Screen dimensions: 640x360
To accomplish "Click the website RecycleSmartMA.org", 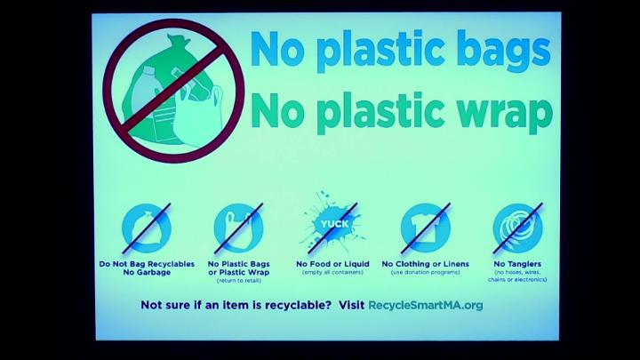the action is (x=425, y=305).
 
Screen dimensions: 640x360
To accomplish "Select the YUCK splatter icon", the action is (x=333, y=223).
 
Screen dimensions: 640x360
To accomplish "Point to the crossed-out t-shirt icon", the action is (x=425, y=228).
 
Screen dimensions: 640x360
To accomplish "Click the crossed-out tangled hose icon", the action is (x=517, y=228).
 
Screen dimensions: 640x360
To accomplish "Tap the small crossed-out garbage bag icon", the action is (x=147, y=228).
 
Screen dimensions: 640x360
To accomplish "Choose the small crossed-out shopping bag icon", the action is (x=239, y=228).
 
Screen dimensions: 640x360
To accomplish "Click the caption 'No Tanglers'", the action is (x=517, y=264).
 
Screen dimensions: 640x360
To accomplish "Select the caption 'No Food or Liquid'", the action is (x=332, y=264).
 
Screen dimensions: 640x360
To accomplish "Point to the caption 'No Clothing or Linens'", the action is (x=425, y=264).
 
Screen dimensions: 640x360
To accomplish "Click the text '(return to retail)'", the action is (x=239, y=280).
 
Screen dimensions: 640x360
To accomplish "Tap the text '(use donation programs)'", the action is (x=425, y=272).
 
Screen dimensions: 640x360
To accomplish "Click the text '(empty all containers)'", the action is (x=332, y=272).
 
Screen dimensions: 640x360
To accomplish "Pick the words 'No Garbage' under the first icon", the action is (x=147, y=272).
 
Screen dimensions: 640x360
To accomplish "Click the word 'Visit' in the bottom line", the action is (x=351, y=305).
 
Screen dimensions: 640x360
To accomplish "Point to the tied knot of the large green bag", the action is (x=178, y=40).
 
